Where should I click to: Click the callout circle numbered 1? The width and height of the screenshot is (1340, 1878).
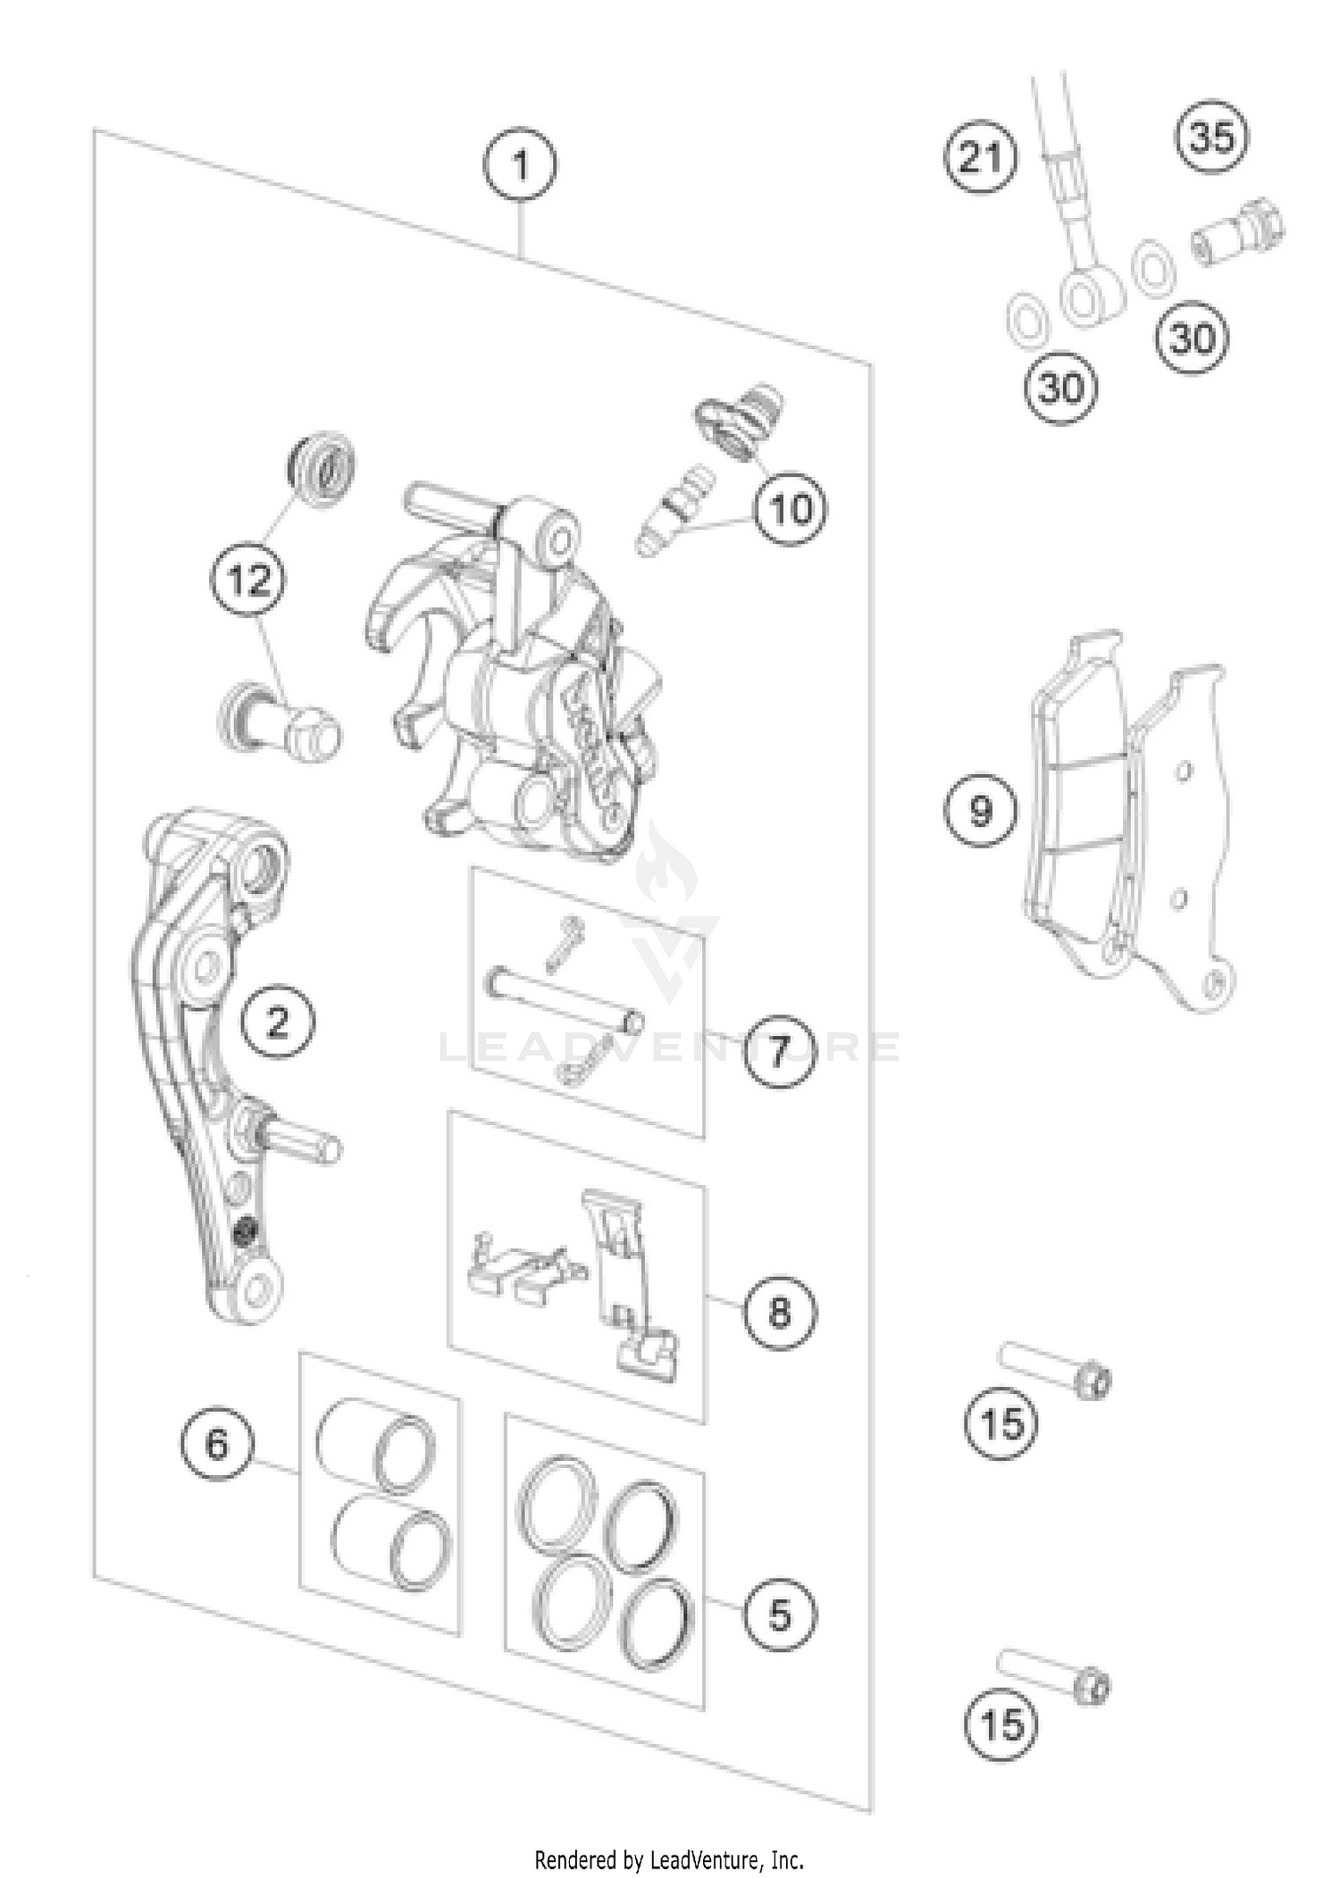[520, 164]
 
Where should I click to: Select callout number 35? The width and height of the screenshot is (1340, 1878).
[1212, 137]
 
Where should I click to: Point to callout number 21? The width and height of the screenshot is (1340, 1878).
[981, 158]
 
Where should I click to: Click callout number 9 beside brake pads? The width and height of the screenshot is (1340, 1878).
[981, 810]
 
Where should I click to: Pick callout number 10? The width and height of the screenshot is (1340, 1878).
[790, 509]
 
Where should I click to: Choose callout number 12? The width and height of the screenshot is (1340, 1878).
[248, 581]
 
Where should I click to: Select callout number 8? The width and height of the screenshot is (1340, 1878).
[780, 1312]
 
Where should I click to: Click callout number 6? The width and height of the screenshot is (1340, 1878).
[217, 1444]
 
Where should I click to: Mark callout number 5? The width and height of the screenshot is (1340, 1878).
[780, 1615]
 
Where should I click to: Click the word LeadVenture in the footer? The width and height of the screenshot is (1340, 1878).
[707, 1860]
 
